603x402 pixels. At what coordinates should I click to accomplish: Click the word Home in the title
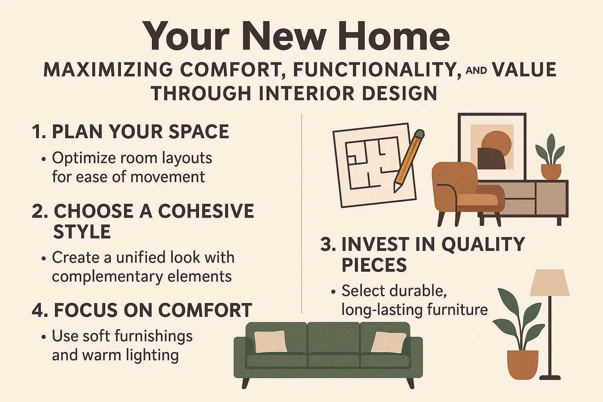397,36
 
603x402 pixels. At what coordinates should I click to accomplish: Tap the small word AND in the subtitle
476,71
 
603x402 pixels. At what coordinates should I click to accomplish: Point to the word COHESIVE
206,211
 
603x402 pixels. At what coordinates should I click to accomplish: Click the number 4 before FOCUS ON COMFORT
38,311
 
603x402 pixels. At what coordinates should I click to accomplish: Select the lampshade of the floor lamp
549,283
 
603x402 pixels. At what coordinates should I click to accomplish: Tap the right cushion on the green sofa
388,342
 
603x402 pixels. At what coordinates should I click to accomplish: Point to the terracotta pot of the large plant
522,364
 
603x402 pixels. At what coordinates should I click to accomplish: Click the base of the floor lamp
550,377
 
